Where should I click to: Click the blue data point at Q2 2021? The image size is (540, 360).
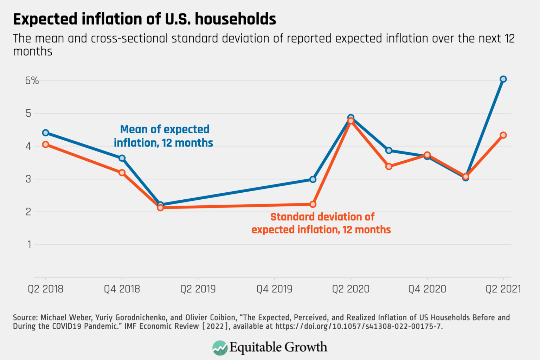click(x=503, y=79)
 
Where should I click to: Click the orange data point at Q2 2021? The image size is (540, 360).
click(x=503, y=135)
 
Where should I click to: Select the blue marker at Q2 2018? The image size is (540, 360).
click(x=45, y=133)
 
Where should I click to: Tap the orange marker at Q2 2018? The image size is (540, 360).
click(x=45, y=144)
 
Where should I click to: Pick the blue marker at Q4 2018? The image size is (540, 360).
click(x=122, y=158)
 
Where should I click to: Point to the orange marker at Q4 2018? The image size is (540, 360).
click(x=122, y=173)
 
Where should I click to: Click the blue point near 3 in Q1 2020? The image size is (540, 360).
click(x=313, y=179)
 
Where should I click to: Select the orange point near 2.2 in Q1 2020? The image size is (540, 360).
click(x=313, y=204)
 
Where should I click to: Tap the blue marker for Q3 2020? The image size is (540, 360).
click(x=389, y=150)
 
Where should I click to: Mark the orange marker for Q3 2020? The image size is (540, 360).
click(x=389, y=166)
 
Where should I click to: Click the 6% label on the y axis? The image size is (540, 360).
click(x=32, y=81)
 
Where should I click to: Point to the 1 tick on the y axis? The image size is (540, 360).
click(x=30, y=244)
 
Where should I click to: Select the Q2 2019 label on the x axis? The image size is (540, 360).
click(x=198, y=289)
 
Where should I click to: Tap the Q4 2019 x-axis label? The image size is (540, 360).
click(x=274, y=289)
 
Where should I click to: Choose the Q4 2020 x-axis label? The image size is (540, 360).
click(x=427, y=289)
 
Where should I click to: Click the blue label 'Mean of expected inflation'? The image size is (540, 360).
click(x=163, y=136)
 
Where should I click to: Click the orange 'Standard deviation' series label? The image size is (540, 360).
click(x=321, y=223)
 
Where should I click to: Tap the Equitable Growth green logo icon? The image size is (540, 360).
click(x=220, y=348)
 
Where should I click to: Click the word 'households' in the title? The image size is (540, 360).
click(x=236, y=19)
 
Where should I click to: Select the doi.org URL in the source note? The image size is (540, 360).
click(x=358, y=326)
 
